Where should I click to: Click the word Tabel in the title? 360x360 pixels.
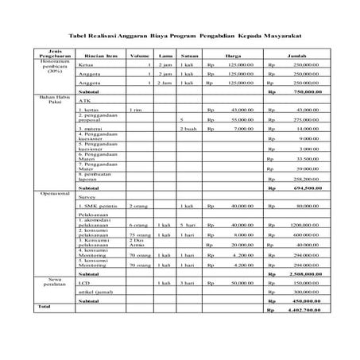pyautogui.click(x=79, y=36)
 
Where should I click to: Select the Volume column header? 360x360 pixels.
pyautogui.click(x=139, y=56)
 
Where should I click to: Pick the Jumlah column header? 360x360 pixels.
pyautogui.click(x=296, y=56)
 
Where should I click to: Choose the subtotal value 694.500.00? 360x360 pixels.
pyautogui.click(x=305, y=188)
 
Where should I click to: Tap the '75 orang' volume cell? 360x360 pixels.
pyautogui.click(x=140, y=234)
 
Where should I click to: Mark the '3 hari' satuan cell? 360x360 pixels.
pyautogui.click(x=188, y=283)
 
